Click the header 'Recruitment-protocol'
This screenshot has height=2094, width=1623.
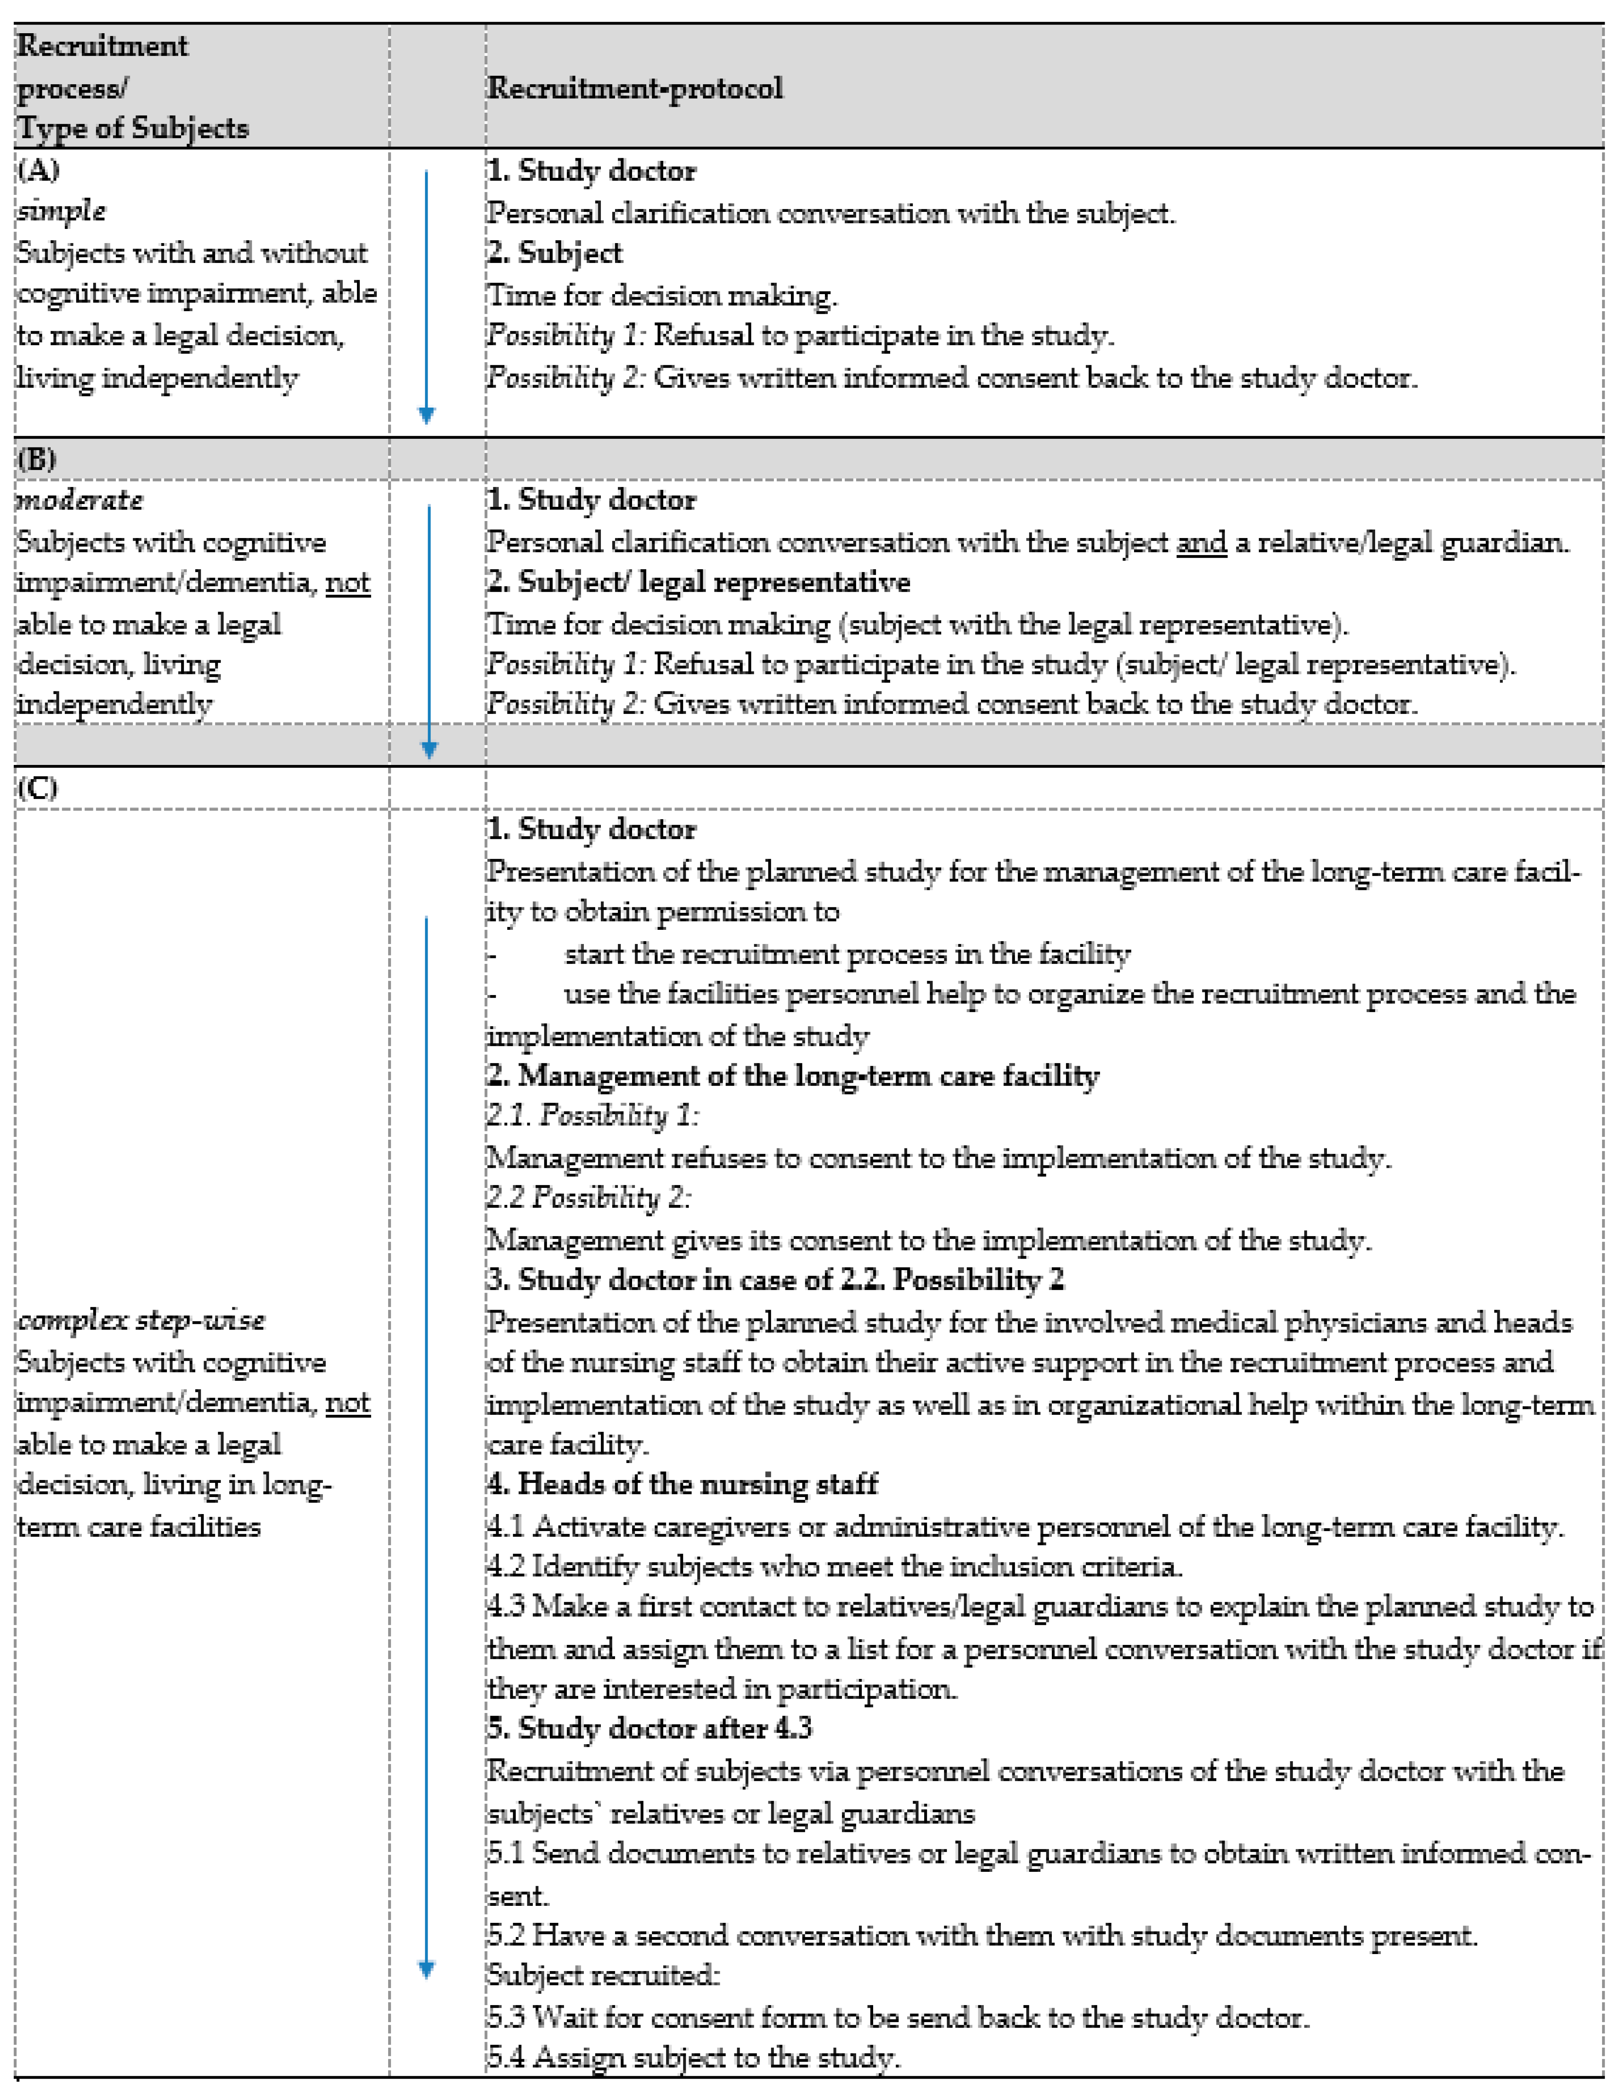coord(635,88)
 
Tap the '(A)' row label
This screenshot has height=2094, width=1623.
coord(38,171)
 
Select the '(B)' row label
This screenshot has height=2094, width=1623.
coord(36,459)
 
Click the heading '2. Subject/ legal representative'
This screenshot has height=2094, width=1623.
coord(698,582)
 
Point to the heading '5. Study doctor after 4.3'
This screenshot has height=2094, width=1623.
coord(649,1728)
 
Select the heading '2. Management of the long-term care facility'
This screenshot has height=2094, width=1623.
coord(793,1076)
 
